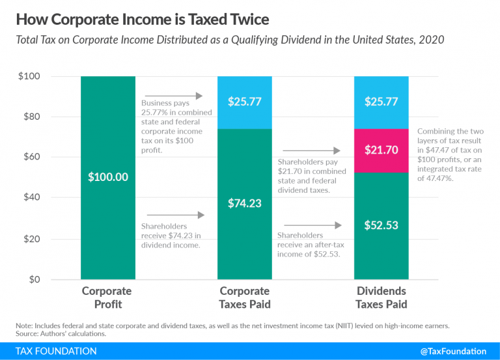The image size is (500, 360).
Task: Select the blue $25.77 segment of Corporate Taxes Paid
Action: point(244,102)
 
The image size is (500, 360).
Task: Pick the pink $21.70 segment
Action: point(381,150)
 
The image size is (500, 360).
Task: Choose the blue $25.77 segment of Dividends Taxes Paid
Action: point(381,102)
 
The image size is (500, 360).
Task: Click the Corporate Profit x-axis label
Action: point(107,298)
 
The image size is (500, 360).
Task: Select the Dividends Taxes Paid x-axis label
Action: point(381,298)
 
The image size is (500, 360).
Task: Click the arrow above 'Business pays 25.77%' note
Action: point(174,96)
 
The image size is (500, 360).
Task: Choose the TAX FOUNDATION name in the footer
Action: point(54,352)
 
